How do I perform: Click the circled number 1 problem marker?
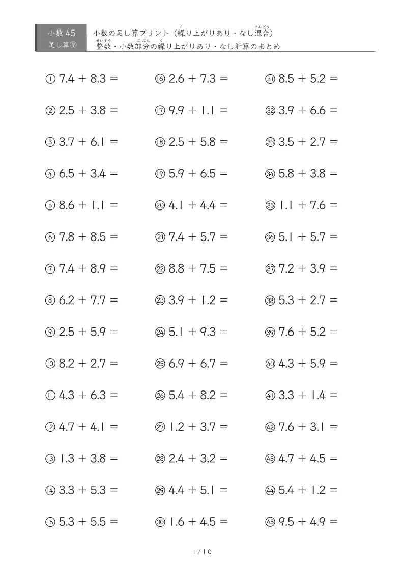tap(50, 79)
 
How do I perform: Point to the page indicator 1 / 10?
tap(202, 552)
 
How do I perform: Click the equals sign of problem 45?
tap(333, 522)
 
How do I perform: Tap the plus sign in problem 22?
tap(192, 268)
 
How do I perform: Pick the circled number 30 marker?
tap(160, 522)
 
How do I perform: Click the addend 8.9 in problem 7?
tap(99, 268)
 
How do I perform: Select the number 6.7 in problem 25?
tap(208, 364)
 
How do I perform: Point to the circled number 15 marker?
tap(50, 522)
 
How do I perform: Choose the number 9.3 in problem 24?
tap(208, 332)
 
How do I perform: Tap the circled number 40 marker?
tap(270, 364)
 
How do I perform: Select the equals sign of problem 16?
tap(223, 79)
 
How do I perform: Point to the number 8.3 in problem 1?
tap(99, 79)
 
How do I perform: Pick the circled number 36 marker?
tap(270, 237)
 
